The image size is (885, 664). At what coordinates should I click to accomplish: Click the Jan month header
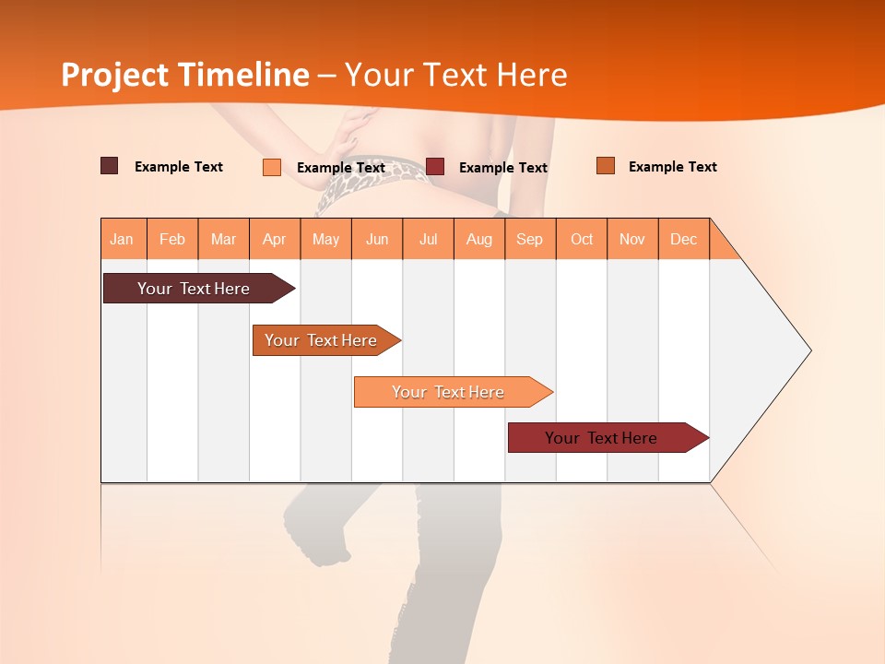click(122, 239)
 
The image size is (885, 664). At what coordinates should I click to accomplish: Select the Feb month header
click(172, 239)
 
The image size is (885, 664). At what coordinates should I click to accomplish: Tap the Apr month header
click(275, 239)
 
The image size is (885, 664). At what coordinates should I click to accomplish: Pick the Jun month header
click(377, 239)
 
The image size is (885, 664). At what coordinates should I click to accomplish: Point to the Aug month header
click(479, 239)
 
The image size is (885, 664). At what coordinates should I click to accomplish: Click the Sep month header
click(530, 239)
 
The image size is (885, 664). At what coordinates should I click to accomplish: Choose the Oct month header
click(582, 239)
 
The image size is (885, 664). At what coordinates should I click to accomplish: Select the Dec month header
click(684, 239)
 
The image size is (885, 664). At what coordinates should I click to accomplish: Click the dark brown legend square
click(110, 166)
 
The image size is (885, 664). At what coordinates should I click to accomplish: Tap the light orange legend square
click(272, 167)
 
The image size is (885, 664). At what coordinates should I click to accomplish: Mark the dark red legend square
click(435, 166)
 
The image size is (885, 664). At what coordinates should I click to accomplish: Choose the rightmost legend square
click(605, 166)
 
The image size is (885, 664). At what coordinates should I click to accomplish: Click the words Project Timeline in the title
click(185, 75)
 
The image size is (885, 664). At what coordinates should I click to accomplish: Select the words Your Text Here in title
click(455, 75)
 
